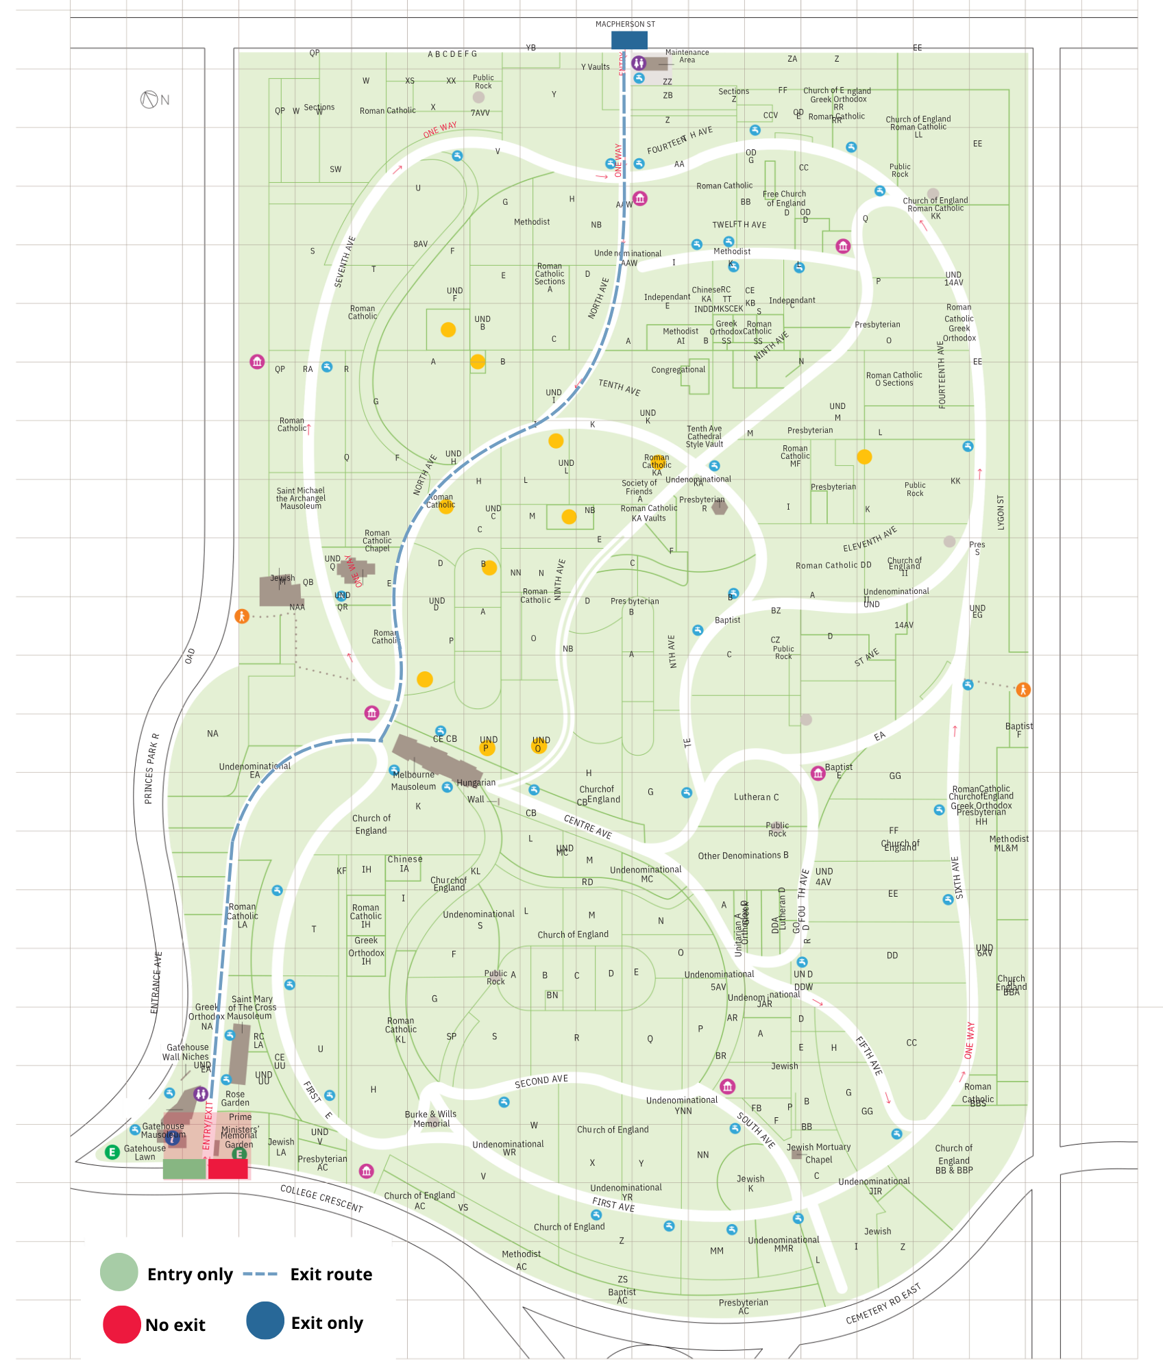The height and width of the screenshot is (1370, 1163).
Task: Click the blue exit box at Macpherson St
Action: (628, 40)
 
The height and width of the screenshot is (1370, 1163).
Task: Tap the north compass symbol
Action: (149, 100)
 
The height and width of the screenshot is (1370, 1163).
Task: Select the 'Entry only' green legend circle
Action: (119, 1272)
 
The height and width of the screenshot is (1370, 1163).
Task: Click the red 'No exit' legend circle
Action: (121, 1324)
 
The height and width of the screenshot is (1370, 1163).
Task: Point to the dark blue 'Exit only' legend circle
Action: (265, 1321)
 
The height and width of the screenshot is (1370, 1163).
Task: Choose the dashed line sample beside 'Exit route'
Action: (260, 1274)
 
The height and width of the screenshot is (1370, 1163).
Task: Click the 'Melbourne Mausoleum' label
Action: (413, 781)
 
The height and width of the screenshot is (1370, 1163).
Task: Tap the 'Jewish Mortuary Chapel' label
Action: (818, 1154)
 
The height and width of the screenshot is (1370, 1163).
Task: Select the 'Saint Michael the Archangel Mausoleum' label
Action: (301, 498)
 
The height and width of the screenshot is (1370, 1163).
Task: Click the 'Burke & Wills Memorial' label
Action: (431, 1119)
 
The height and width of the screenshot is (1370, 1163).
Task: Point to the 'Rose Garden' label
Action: (235, 1098)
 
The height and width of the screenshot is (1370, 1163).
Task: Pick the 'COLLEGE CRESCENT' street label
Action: (321, 1197)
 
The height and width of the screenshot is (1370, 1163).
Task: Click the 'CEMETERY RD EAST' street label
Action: (883, 1304)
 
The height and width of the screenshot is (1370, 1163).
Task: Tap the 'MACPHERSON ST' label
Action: (625, 24)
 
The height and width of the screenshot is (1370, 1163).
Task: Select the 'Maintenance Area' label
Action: (687, 56)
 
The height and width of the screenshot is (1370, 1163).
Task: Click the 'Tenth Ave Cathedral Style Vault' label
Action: (705, 436)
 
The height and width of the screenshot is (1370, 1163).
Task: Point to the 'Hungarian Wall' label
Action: (476, 790)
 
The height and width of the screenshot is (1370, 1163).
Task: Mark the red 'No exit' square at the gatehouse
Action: (228, 1169)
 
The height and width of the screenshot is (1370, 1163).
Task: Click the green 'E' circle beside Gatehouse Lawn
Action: (112, 1152)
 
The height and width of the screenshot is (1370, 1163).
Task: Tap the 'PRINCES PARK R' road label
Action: (151, 768)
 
